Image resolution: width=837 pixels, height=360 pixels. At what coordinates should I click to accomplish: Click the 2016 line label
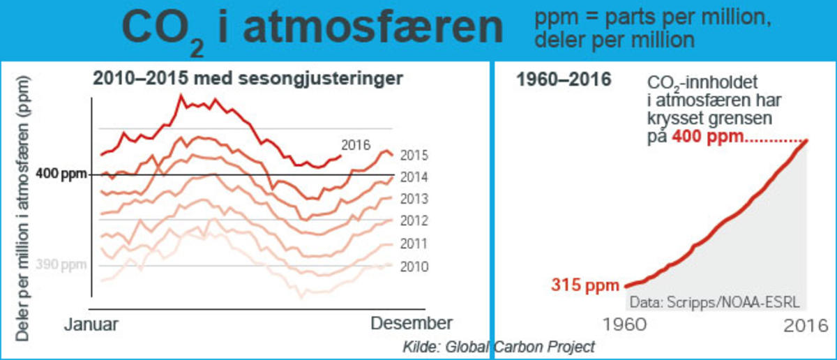[x=355, y=144]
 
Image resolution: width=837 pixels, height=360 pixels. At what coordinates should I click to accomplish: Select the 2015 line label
[x=414, y=156]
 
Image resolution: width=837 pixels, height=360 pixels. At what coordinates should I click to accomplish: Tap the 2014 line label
[x=414, y=177]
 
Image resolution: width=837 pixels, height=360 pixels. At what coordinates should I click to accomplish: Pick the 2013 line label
[x=414, y=200]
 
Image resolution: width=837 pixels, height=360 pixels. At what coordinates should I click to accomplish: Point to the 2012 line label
[x=414, y=221]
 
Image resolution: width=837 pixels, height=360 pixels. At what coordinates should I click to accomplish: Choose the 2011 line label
[x=414, y=244]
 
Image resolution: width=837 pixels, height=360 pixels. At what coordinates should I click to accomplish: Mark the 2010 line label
[x=414, y=267]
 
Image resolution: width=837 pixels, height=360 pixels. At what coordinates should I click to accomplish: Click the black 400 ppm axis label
[x=61, y=174]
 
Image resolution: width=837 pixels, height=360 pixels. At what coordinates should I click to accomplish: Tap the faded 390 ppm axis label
[x=61, y=266]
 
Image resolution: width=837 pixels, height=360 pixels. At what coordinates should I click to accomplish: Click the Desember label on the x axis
[x=411, y=323]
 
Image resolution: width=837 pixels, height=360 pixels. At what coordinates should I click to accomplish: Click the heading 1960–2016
[x=563, y=80]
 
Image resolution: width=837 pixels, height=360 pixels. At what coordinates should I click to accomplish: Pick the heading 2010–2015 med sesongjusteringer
[x=248, y=79]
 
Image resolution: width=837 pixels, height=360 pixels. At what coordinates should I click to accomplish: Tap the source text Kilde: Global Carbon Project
[x=499, y=346]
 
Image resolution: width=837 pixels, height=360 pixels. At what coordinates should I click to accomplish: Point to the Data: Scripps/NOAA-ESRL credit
[x=714, y=303]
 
